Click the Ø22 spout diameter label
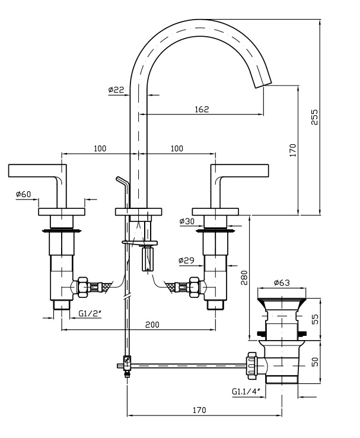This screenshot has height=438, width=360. pos(116,90)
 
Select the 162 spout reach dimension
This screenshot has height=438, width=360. pos(202,109)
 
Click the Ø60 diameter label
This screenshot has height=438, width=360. pos(24,194)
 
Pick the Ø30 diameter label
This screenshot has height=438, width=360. pos(187,221)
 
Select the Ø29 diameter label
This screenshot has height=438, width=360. pos(186,260)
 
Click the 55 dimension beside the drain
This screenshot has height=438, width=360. pos(315,319)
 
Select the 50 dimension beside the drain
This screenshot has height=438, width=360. pos(315,361)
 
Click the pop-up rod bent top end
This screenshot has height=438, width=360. pos(120,179)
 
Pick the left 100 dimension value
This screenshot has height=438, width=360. pos(100,148)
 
